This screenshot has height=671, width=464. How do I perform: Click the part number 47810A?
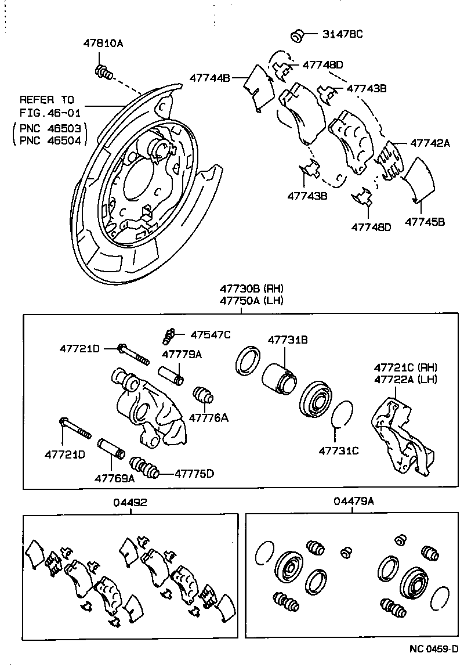coord(104,43)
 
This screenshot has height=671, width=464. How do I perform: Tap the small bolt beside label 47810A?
coord(103,73)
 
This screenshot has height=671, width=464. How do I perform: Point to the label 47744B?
coord(210,77)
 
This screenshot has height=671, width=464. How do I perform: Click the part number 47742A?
coord(430,142)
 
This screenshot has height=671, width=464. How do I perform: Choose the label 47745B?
coord(425,221)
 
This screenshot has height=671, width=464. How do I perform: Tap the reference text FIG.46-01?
coord(50,112)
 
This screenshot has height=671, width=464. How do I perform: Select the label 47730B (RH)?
coord(251,288)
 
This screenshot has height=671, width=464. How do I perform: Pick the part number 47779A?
coord(182,354)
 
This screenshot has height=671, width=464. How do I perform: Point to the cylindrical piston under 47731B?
coord(279,381)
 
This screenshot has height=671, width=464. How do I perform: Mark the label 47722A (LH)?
coord(405,379)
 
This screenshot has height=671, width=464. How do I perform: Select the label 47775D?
coord(194,473)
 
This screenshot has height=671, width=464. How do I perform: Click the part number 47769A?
coord(115,478)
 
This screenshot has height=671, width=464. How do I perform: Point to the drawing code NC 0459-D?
coord(429,649)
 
